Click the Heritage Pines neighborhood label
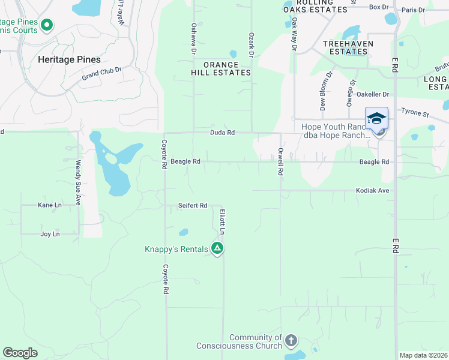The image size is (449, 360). click(69, 59)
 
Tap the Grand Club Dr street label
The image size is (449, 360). click(102, 73)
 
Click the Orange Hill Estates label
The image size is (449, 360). click(221, 68)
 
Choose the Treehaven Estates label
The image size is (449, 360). click(348, 47)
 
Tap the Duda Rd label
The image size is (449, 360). click(222, 133)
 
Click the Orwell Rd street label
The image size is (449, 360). click(280, 162)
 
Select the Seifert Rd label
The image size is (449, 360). click(193, 205)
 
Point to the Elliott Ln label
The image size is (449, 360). click(222, 221)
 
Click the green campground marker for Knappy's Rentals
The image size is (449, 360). click(217, 248)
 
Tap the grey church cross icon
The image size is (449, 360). click(291, 341)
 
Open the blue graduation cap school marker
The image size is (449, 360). click(376, 118)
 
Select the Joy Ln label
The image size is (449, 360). click(50, 234)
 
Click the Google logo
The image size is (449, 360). click(20, 353)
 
